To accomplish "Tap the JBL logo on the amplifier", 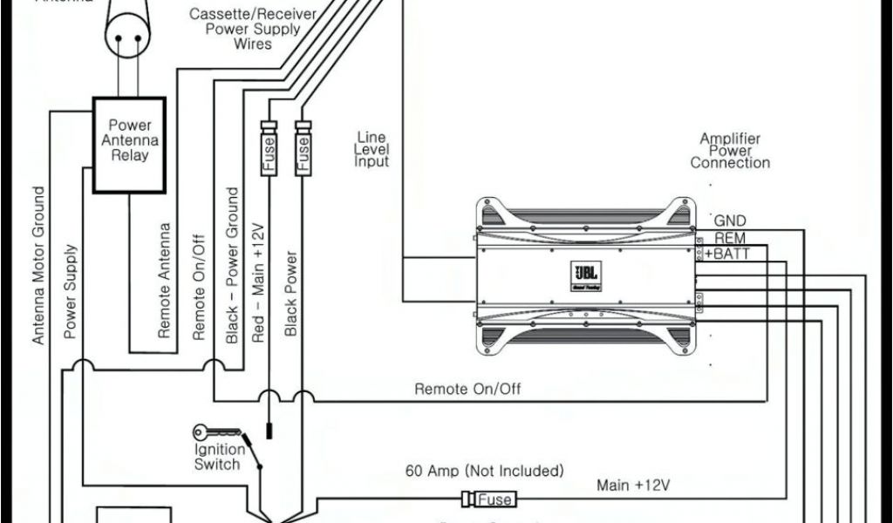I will (583, 268).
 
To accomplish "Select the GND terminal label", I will (730, 221).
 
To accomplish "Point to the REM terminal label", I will (729, 238).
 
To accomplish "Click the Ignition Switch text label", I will (216, 457).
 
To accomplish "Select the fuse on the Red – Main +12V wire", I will (269, 147).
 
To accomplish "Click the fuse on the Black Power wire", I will (303, 147).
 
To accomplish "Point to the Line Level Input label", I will (372, 150).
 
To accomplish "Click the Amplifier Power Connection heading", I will (730, 151).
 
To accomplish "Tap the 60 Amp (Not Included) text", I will (484, 471).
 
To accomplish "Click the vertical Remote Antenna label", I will (164, 280).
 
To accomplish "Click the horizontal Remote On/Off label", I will (467, 389).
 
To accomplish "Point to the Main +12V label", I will (632, 485).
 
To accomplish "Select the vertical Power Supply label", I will (71, 291).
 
